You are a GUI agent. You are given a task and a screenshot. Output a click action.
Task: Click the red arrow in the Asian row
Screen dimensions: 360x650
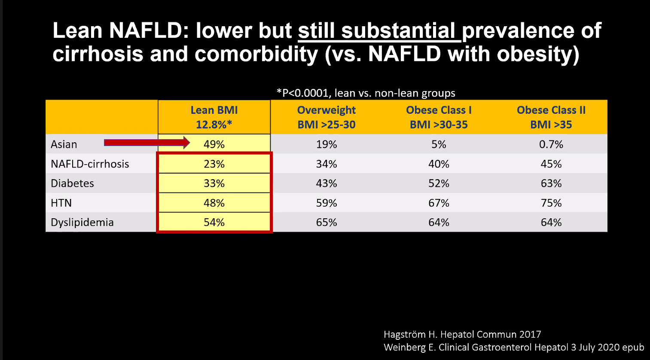tap(146, 143)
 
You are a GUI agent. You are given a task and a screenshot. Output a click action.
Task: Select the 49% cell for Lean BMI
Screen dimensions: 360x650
tap(214, 144)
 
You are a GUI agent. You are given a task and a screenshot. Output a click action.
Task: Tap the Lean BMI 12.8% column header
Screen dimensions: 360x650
tap(214, 117)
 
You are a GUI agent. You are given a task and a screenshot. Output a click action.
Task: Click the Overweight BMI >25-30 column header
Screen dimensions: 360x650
tap(327, 117)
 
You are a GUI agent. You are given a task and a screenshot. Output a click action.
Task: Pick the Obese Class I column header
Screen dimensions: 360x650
tap(439, 117)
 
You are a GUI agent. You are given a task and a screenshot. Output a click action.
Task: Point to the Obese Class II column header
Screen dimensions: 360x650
tap(551, 117)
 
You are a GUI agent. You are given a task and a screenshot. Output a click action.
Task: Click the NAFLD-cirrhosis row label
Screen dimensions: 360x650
tap(90, 164)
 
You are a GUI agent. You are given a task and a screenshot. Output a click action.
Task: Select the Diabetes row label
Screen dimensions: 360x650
tap(72, 183)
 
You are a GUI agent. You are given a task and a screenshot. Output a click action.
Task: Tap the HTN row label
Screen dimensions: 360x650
tap(61, 203)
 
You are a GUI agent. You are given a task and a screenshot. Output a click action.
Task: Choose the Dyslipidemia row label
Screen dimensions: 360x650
tap(82, 223)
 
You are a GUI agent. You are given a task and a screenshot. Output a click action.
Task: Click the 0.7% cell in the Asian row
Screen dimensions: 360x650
tap(551, 144)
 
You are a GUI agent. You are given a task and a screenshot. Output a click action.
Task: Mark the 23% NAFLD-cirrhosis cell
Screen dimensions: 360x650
tap(214, 164)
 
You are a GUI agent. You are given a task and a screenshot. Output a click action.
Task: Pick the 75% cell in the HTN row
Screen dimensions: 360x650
tap(551, 203)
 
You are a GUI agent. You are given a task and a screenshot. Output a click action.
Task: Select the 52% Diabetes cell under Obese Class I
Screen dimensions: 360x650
tap(439, 183)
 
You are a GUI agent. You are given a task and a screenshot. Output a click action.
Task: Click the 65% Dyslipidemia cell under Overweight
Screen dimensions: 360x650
tap(327, 223)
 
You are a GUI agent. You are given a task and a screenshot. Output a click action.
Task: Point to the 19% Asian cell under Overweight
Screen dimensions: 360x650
tap(327, 144)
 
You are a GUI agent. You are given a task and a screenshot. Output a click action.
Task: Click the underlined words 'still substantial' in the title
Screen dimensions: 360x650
tap(379, 31)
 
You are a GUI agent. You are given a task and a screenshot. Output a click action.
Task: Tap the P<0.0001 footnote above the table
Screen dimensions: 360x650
tap(366, 93)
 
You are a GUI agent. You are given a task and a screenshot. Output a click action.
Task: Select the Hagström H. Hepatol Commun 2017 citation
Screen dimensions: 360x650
tap(462, 334)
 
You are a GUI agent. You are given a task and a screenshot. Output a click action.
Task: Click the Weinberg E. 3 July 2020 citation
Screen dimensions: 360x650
tap(514, 348)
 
